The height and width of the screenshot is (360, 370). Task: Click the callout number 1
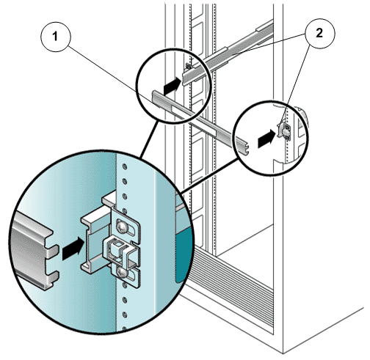tap(55, 37)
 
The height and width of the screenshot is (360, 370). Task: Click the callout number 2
tap(319, 33)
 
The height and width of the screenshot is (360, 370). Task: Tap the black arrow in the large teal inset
tap(73, 248)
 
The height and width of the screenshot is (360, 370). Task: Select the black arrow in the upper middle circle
tap(173, 86)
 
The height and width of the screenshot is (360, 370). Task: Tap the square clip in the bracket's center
tap(117, 246)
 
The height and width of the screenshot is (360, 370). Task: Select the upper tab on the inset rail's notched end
tap(52, 251)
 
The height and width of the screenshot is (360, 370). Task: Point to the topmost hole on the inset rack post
tap(125, 167)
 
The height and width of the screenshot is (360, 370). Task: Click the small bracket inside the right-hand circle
tap(284, 131)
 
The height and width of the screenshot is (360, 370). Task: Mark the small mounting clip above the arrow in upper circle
tap(189, 66)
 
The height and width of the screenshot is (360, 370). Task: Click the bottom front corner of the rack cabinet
tap(283, 353)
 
